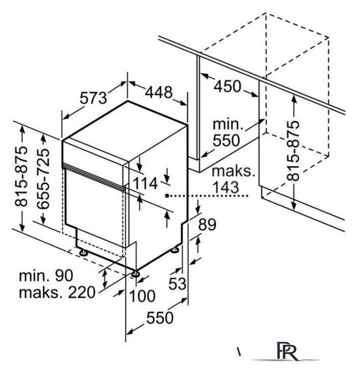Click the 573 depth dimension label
coord(93,98)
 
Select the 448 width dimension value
coord(158,92)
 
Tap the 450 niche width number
coord(227,86)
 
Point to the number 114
coord(145,184)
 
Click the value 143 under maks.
coord(225,187)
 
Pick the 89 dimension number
coord(207,224)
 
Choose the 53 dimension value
coord(177,283)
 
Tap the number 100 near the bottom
coord(142,296)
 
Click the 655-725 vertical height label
coord(44,179)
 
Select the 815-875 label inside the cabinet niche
coord(292,150)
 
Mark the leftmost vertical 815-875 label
coord(21,176)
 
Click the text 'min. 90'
coord(46,276)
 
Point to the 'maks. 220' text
coord(57,293)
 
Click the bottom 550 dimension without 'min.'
coord(160,318)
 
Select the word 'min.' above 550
coord(228,124)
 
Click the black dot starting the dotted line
coord(167,196)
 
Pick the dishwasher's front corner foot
coord(135,273)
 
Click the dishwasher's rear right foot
coord(175,249)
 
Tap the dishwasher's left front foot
coord(83,252)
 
